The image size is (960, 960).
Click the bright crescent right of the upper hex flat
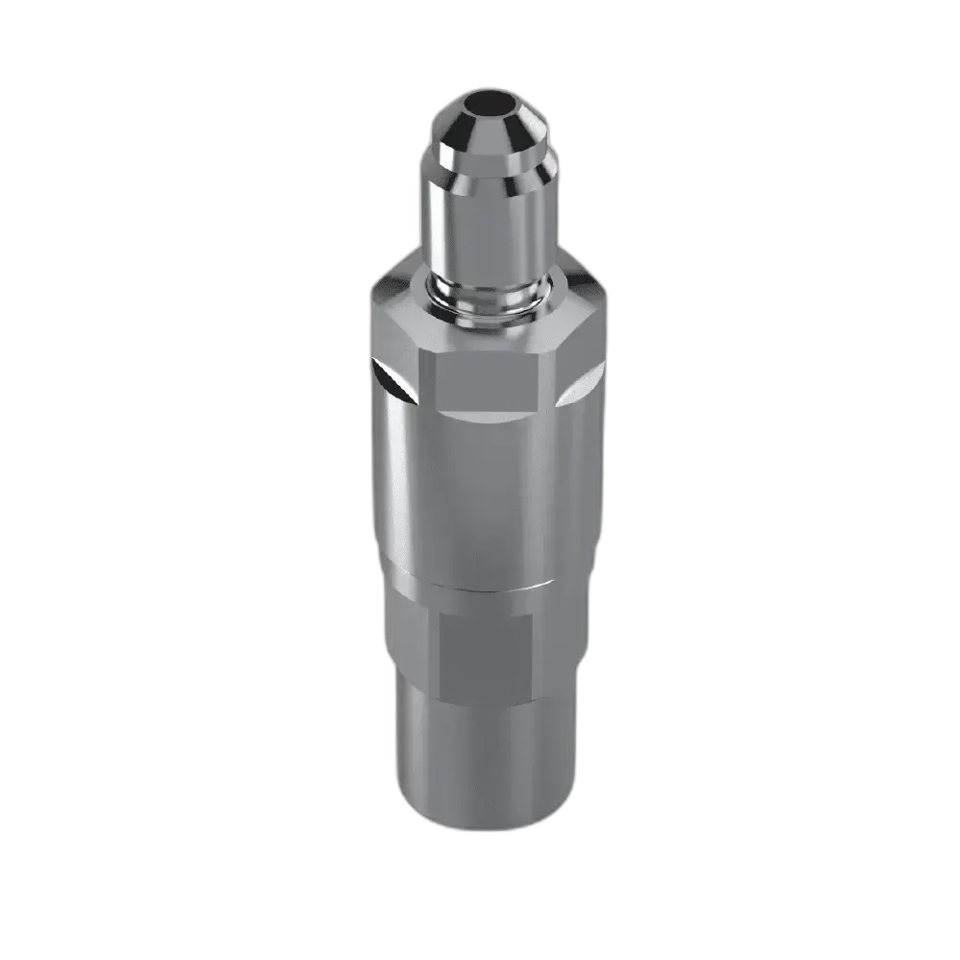click(x=574, y=384)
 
